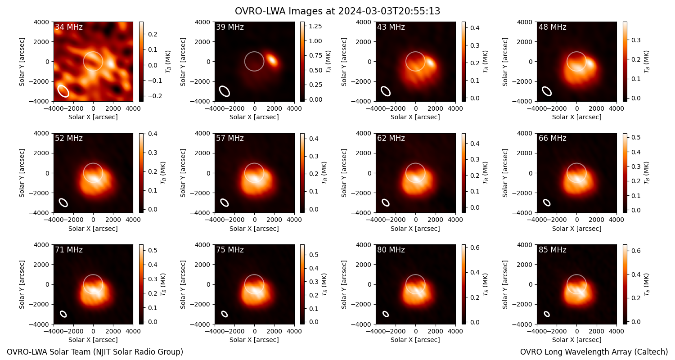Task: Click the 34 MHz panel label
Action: pyautogui.click(x=69, y=27)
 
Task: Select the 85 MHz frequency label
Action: pyautogui.click(x=552, y=250)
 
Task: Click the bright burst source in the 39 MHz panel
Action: pyautogui.click(x=272, y=60)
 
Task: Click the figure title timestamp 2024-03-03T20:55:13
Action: pyautogui.click(x=389, y=11)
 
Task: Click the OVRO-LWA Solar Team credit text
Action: pyautogui.click(x=95, y=352)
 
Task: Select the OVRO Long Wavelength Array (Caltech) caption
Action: pyautogui.click(x=594, y=352)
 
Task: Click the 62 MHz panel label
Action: pyautogui.click(x=391, y=138)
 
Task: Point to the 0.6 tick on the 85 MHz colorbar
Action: pyautogui.click(x=636, y=251)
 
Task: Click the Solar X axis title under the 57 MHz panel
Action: pyautogui.click(x=254, y=229)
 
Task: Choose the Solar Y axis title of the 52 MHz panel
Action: pyautogui.click(x=22, y=173)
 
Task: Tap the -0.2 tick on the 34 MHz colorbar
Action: pyautogui.click(x=155, y=96)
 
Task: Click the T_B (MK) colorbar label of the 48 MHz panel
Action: pyautogui.click(x=646, y=62)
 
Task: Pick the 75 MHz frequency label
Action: pyautogui.click(x=230, y=250)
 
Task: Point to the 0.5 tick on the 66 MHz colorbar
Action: pyautogui.click(x=636, y=137)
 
